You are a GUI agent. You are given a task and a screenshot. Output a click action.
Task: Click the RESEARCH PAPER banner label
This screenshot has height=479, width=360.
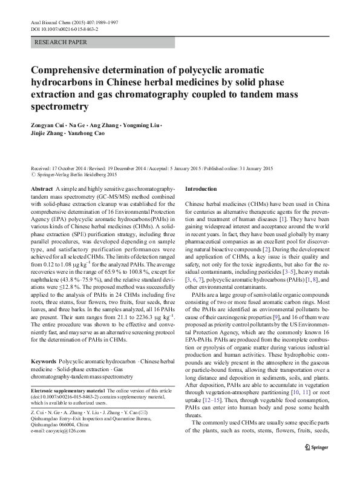[x=61, y=42]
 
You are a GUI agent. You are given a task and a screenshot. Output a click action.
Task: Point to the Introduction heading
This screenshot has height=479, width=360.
[x=200, y=189]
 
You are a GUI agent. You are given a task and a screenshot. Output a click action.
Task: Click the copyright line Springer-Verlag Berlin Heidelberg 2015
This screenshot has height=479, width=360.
[x=77, y=174]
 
